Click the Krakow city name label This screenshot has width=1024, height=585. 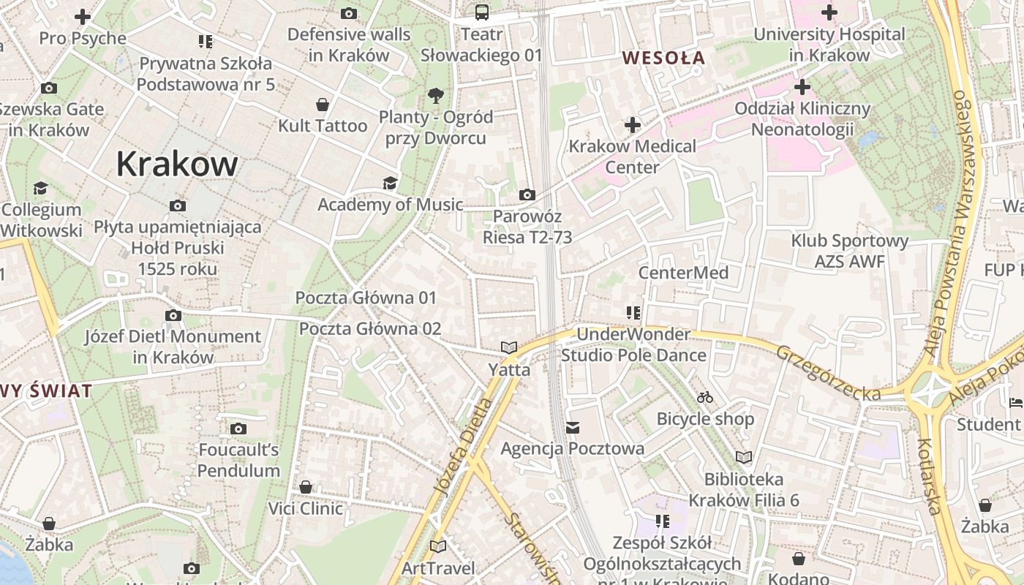(x=177, y=164)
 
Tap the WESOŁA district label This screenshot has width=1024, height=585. (x=663, y=58)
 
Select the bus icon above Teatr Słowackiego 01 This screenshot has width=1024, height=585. (x=482, y=12)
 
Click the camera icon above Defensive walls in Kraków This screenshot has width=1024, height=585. (x=349, y=13)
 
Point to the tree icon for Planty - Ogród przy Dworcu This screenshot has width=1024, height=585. (x=436, y=95)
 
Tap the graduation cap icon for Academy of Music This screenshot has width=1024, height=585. (x=390, y=183)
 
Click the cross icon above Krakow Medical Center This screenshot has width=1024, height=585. (x=633, y=125)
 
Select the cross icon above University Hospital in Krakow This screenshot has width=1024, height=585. (x=829, y=12)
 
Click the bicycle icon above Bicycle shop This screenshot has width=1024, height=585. (x=705, y=397)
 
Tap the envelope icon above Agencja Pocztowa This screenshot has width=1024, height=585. (x=573, y=427)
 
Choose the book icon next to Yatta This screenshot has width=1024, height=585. (x=509, y=347)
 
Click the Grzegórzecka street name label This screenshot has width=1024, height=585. (x=828, y=372)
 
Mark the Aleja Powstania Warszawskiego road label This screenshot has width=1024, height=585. (x=951, y=227)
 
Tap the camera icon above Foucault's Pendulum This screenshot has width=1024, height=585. (x=238, y=429)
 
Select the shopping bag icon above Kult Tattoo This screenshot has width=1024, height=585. (x=322, y=105)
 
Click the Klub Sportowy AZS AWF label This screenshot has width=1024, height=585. (x=849, y=251)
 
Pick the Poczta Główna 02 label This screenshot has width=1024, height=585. (x=370, y=328)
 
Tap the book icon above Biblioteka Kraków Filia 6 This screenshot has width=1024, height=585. (x=744, y=458)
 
